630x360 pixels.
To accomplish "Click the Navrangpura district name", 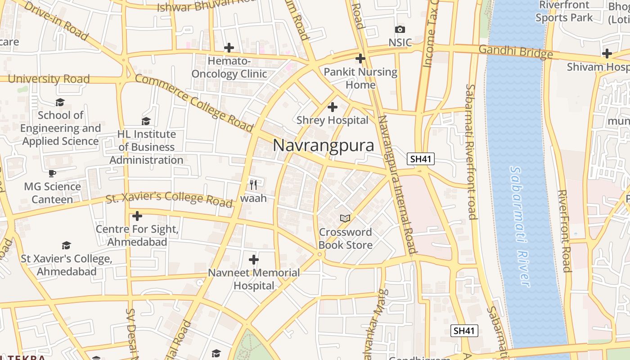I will pos(324,146).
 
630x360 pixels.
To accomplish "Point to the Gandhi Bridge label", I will pos(516,52).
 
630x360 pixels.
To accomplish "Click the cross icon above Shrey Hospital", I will pos(333,107).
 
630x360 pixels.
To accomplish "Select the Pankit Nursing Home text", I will pos(361,78).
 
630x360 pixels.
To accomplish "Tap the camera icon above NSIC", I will pos(400,30).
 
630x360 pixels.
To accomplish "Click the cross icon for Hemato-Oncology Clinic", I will pos(229,47).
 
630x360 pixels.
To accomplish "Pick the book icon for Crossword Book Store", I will pos(345,218).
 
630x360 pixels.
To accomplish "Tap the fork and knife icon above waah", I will pos(253,184).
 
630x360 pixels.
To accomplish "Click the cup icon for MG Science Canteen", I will pos(52,173).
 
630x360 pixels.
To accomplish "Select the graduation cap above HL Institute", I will pos(146,121).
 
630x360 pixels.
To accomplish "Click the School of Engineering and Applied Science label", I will pos(60,128).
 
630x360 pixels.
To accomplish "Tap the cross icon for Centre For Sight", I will pos(137,216).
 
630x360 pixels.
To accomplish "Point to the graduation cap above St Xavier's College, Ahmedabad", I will pos(67,245).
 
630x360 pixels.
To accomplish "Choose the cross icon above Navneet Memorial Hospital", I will pos(254,260).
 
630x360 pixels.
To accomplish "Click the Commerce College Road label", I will pos(194,103).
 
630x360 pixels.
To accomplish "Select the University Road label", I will pos(49,79).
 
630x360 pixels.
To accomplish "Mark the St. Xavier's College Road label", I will pos(169,198).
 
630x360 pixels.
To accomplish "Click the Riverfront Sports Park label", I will pos(564,11).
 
